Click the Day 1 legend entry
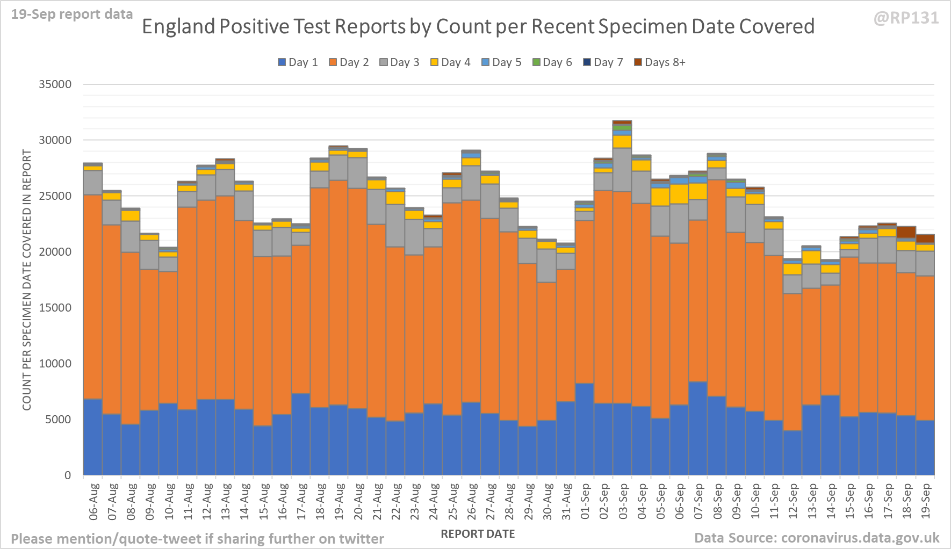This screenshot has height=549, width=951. (x=298, y=62)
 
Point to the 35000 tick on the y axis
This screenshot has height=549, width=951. (x=55, y=84)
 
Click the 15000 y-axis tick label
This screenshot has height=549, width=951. (x=55, y=308)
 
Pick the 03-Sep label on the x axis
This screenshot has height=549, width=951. (x=623, y=501)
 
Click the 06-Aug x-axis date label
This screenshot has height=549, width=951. (x=93, y=501)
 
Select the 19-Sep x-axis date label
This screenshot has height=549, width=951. (x=925, y=501)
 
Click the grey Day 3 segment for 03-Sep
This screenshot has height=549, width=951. (x=622, y=170)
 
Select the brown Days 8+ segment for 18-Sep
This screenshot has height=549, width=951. (x=906, y=232)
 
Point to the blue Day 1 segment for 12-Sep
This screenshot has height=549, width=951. (x=792, y=452)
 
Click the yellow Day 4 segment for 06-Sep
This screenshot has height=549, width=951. (x=679, y=194)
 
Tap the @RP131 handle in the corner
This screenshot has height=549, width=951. (x=906, y=18)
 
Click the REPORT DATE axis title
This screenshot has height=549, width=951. (x=478, y=534)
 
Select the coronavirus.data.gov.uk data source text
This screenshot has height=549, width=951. (x=860, y=538)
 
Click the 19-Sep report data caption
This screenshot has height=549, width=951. (x=72, y=15)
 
